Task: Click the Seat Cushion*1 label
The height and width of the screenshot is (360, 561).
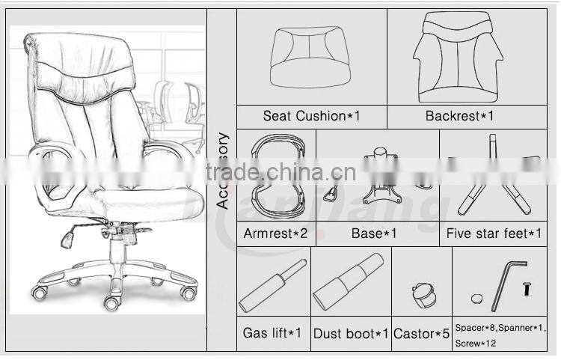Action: (x=311, y=116)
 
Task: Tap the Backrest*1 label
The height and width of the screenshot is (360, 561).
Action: (x=459, y=116)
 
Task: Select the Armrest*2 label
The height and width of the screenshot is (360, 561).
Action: (x=275, y=234)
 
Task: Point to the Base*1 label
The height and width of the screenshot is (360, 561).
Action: (x=374, y=234)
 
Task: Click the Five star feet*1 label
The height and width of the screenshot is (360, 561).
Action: (x=494, y=234)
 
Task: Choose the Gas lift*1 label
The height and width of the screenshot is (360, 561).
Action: (x=272, y=332)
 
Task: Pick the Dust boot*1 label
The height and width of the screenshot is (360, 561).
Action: (x=351, y=333)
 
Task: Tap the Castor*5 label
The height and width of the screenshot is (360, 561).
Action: (x=422, y=333)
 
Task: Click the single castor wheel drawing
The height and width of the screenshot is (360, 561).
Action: (x=424, y=293)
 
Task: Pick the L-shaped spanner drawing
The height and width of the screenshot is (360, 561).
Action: (x=508, y=282)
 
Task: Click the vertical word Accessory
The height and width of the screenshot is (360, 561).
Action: (x=222, y=171)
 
